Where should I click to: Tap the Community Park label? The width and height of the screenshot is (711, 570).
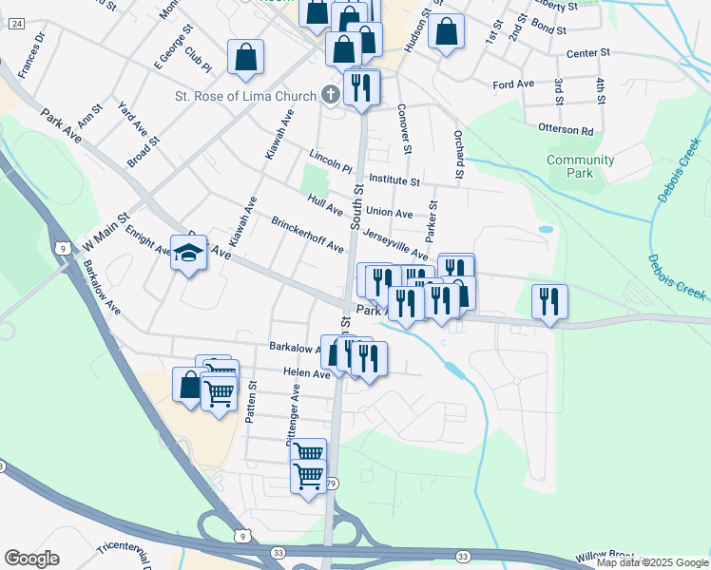click(x=581, y=166)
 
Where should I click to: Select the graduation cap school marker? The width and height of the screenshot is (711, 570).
click(x=188, y=255)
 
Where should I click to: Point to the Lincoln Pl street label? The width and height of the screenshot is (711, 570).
click(x=330, y=161)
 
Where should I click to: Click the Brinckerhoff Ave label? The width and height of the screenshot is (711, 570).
click(x=307, y=235)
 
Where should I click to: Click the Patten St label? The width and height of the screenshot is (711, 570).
click(x=252, y=403)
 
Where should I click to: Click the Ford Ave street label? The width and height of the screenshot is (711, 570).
click(x=513, y=85)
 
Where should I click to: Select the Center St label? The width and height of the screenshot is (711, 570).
click(x=586, y=54)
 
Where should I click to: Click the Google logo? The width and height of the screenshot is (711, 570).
click(x=31, y=559)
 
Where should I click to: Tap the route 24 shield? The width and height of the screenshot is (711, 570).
click(x=16, y=24)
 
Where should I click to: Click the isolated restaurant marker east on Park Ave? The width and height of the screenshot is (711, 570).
click(x=549, y=302)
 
